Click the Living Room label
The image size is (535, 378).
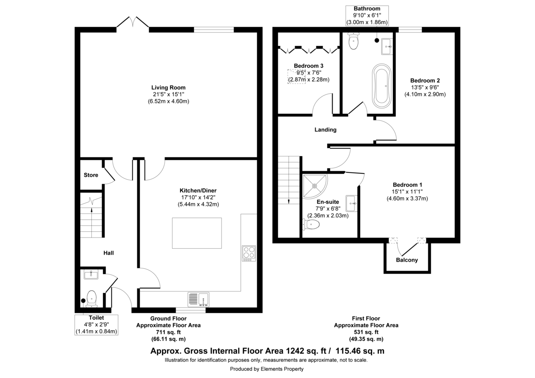tap(168, 87)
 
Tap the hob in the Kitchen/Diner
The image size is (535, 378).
tap(248, 253)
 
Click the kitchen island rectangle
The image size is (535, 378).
tap(197, 233)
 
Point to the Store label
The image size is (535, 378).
tap(91, 175)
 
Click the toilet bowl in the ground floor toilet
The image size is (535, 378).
tap(92, 298)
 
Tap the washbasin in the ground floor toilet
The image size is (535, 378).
tap(91, 275)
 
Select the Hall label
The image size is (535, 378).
tap(108, 253)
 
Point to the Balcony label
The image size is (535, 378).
tap(407, 260)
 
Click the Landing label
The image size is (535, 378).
tap(325, 130)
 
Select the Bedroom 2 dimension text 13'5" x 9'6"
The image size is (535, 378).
tap(425, 87)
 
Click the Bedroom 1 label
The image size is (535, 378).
tap(407, 185)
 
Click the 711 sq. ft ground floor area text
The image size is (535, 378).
tap(168, 332)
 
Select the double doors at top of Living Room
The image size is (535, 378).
tap(133, 24)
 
